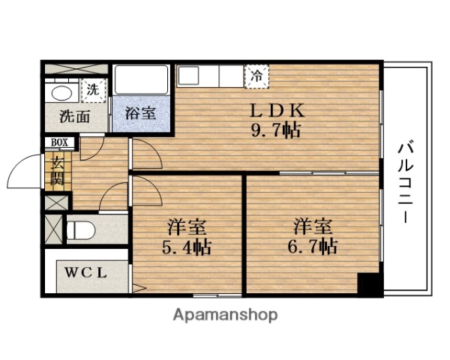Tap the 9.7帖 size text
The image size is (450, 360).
tap(276, 130)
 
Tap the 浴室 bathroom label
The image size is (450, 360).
tap(140, 114)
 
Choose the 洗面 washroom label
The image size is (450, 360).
tap(75, 116)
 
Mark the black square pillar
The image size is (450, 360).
tap(367, 285)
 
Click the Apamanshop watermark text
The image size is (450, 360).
tap(226, 314)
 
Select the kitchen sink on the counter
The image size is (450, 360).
tap(189, 76)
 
